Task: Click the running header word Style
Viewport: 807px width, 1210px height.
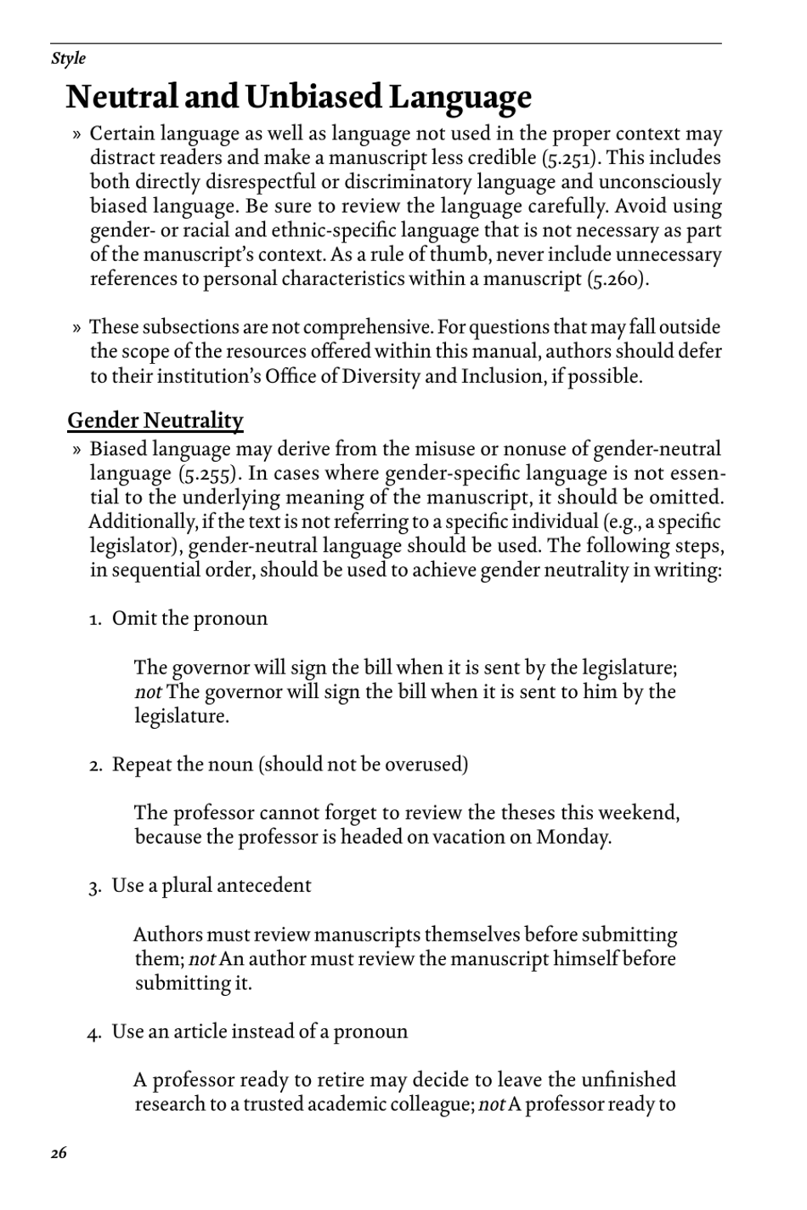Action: pos(68,59)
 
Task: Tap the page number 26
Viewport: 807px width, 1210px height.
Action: pos(59,1153)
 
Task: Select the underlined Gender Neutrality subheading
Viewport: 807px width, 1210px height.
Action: pos(155,421)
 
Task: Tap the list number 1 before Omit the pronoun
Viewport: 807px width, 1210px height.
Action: pos(95,619)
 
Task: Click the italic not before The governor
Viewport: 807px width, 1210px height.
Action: pos(148,692)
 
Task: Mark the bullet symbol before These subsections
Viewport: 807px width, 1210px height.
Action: pos(77,328)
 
